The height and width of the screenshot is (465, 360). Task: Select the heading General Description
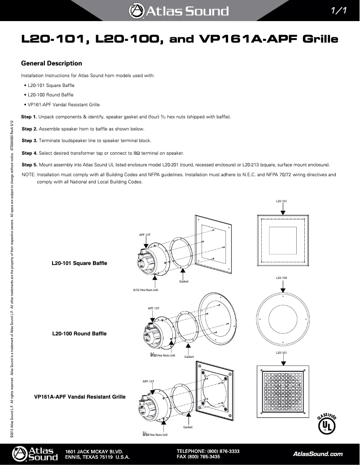(x=52, y=63)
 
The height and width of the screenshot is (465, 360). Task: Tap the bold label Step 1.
(x=30, y=117)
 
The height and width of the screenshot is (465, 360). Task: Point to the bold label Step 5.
(x=30, y=164)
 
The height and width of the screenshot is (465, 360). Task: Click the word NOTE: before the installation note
(x=29, y=174)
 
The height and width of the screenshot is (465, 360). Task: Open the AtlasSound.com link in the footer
(x=318, y=454)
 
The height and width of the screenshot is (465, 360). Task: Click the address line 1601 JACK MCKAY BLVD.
(x=94, y=451)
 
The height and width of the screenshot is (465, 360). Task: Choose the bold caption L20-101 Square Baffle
(x=80, y=262)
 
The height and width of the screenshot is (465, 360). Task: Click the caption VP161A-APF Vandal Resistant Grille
(x=80, y=397)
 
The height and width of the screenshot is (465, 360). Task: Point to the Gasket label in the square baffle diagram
(x=184, y=281)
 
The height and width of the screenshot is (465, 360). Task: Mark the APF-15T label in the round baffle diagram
(x=154, y=309)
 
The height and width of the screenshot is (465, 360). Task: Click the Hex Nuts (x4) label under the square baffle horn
(x=145, y=290)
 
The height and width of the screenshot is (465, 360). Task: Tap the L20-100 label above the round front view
(x=281, y=278)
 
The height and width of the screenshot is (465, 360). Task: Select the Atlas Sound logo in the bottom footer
(x=35, y=454)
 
